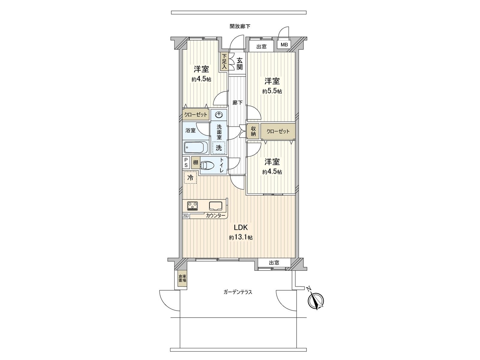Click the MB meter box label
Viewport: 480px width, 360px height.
click(284, 45)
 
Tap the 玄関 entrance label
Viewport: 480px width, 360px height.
click(239, 64)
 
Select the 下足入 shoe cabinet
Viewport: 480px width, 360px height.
click(224, 62)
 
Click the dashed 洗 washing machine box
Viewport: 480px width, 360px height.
click(219, 148)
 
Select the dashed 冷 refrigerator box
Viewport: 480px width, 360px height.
click(190, 177)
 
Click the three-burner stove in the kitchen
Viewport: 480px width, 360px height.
click(193, 206)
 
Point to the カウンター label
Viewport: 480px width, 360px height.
click(215, 215)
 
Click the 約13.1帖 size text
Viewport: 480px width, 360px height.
click(241, 238)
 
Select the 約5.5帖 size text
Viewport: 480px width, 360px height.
click(272, 91)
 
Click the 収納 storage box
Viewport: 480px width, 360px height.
click(253, 131)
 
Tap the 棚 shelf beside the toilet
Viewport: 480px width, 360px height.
click(196, 163)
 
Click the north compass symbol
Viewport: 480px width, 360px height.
click(316, 300)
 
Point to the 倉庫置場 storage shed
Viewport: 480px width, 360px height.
click(182, 278)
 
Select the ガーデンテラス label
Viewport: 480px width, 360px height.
click(238, 292)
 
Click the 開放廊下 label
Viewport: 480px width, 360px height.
click(240, 26)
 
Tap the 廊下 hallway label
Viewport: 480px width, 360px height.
click(238, 103)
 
